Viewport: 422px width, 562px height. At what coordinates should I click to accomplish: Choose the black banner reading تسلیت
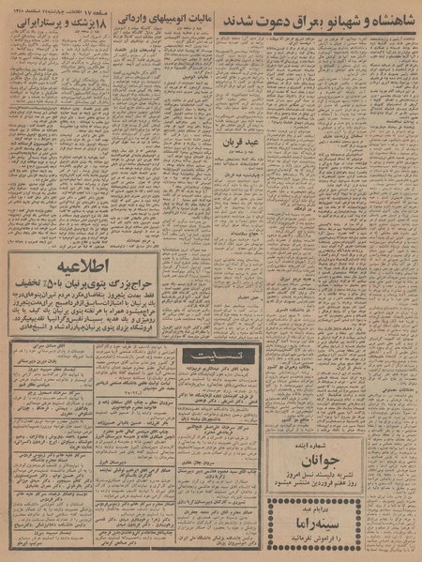(x=238, y=354)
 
